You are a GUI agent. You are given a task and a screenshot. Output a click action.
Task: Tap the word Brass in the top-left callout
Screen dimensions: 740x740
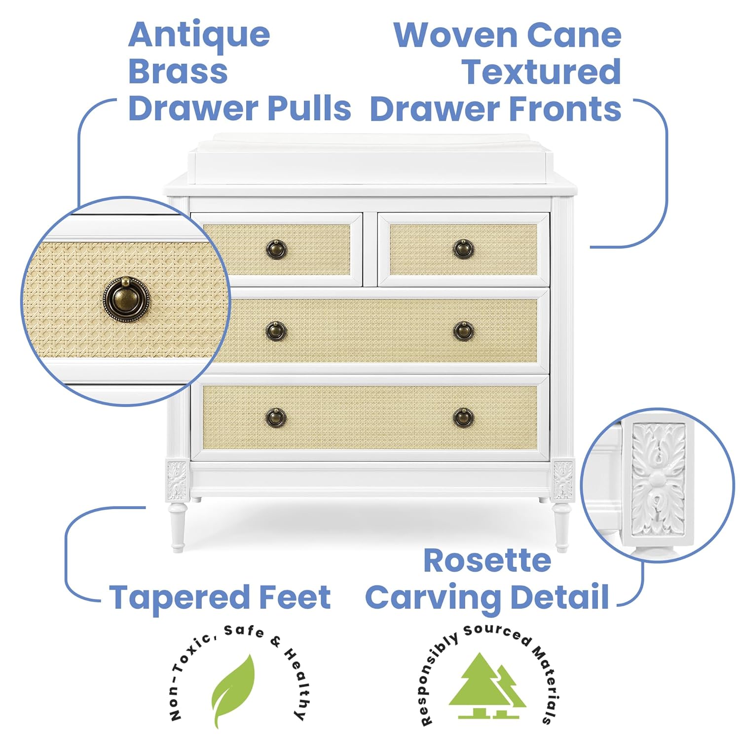click(178, 71)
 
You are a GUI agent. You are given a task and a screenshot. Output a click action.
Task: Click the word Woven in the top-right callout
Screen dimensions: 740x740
click(455, 36)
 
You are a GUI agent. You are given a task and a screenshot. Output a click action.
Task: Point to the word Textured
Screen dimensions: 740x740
click(541, 72)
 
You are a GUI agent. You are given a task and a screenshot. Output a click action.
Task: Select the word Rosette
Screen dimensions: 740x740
click(487, 561)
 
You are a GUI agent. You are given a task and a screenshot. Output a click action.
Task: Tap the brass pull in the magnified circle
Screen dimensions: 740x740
click(126, 298)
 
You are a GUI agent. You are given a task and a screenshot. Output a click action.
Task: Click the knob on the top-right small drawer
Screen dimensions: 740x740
click(463, 249)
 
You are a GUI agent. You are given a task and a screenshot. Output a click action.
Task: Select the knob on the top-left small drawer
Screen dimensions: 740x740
click(276, 249)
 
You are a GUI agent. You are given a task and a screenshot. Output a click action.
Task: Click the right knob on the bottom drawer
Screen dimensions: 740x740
click(463, 417)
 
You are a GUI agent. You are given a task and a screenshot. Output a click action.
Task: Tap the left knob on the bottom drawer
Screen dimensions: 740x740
click(276, 417)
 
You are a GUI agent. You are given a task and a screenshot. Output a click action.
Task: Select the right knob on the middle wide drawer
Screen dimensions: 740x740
click(463, 331)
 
